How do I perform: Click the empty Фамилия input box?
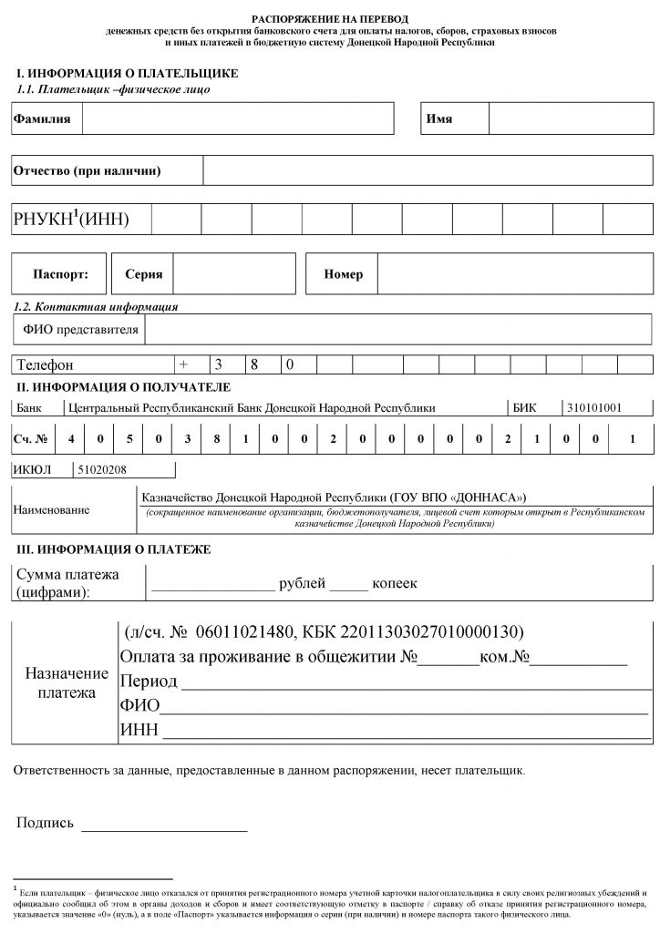pyautogui.click(x=238, y=119)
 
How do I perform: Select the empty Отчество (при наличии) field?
pyautogui.click(x=427, y=170)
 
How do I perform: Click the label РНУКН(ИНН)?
pyautogui.click(x=71, y=219)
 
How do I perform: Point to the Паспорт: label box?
pyautogui.click(x=60, y=273)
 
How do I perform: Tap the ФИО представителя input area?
pyautogui.click(x=397, y=329)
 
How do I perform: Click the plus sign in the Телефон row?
pyautogui.click(x=183, y=364)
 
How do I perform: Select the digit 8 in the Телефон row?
pyautogui.click(x=256, y=364)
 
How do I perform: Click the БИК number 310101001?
pyautogui.click(x=593, y=408)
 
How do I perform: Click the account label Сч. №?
pyautogui.click(x=29, y=439)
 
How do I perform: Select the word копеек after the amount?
pyautogui.click(x=395, y=583)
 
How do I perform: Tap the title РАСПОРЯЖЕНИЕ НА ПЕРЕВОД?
pyautogui.click(x=330, y=19)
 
